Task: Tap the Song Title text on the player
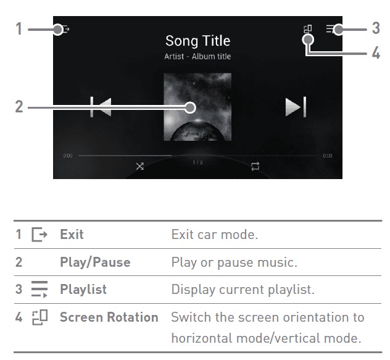(197, 41)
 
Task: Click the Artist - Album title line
(197, 57)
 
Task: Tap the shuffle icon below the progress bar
(140, 166)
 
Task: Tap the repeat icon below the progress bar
(255, 166)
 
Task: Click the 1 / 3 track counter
(197, 162)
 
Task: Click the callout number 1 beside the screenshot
(19, 28)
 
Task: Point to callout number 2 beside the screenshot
(19, 107)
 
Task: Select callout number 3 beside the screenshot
(376, 28)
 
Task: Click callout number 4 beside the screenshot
(376, 52)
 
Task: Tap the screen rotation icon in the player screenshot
(308, 29)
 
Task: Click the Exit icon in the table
(39, 235)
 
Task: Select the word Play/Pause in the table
(95, 262)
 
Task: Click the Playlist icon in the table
(39, 289)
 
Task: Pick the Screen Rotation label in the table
(109, 317)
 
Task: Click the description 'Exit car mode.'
(215, 235)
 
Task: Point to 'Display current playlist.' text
(243, 290)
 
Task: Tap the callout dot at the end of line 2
(190, 107)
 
